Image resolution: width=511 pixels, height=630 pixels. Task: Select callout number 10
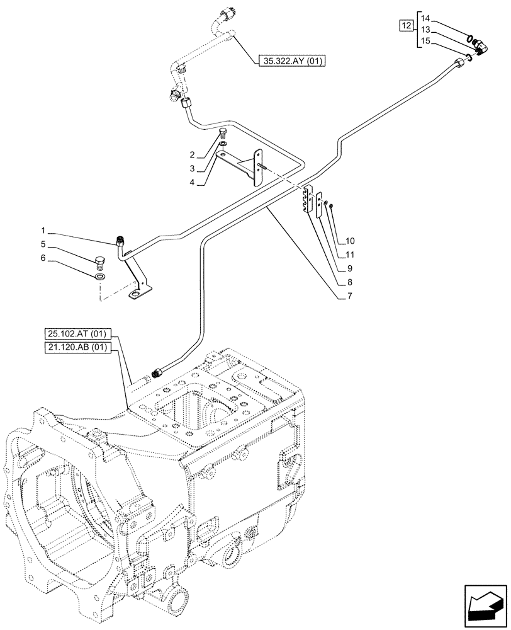click(x=350, y=241)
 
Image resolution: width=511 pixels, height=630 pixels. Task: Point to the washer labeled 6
click(x=100, y=276)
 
